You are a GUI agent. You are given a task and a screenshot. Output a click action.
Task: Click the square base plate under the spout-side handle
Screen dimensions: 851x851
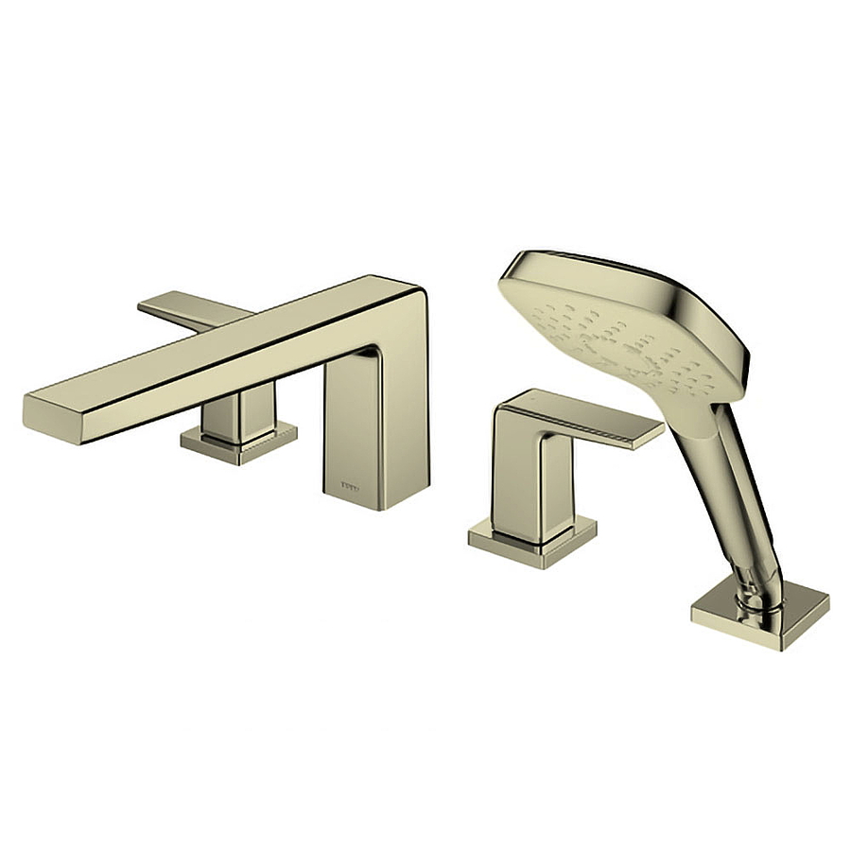tap(238, 444)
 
